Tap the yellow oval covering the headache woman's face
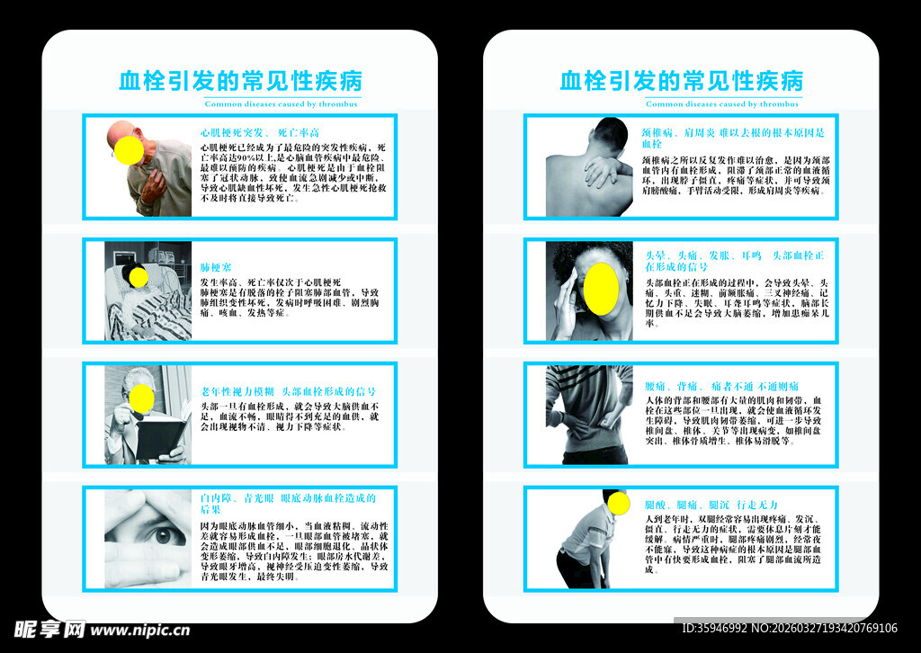[x=601, y=289]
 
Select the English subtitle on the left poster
[x=281, y=104]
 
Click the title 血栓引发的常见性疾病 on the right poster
[x=681, y=81]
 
